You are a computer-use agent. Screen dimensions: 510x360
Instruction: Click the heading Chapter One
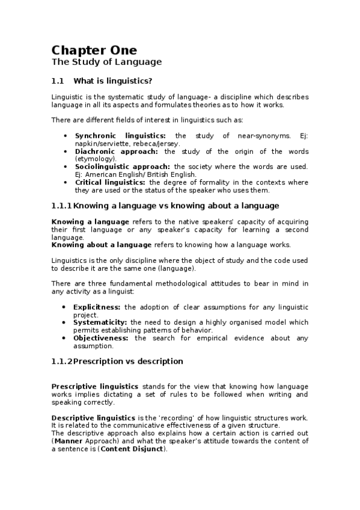coord(94,50)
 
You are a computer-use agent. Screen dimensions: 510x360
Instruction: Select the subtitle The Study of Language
coord(106,62)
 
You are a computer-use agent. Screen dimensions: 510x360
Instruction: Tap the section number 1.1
coord(58,81)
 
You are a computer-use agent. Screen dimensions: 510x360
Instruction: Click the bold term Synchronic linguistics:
coord(120,136)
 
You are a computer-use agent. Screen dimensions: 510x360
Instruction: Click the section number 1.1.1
coord(62,206)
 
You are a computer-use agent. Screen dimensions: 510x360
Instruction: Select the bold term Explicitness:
coord(99,307)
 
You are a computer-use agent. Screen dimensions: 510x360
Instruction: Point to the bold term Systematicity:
coord(100,322)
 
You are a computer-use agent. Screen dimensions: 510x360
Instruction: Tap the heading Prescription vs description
coord(128,361)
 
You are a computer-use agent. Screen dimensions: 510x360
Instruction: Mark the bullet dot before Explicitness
coord(65,307)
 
